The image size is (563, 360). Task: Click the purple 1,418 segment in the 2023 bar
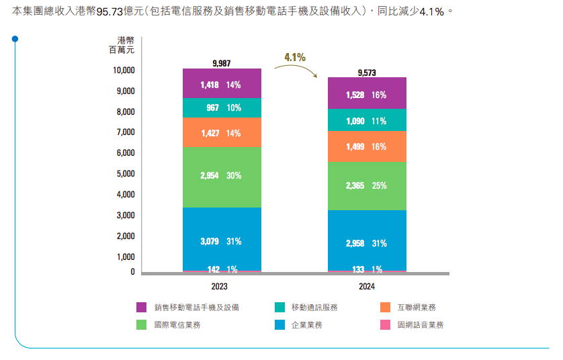pyautogui.click(x=222, y=84)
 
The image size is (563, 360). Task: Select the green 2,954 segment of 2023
pyautogui.click(x=222, y=177)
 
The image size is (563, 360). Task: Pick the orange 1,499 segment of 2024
pyautogui.click(x=367, y=146)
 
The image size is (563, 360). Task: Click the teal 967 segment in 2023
pyautogui.click(x=222, y=107)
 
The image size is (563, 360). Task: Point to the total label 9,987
pyautogui.click(x=221, y=63)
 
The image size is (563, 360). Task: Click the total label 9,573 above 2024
pyautogui.click(x=367, y=72)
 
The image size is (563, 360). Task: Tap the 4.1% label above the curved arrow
pyautogui.click(x=295, y=57)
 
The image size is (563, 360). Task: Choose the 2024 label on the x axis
pyautogui.click(x=367, y=286)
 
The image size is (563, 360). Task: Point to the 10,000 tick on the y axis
pyautogui.click(x=124, y=70)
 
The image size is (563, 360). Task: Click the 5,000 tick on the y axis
pyautogui.click(x=126, y=174)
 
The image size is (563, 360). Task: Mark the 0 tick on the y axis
pyautogui.click(x=132, y=272)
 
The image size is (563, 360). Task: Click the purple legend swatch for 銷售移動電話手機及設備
pyautogui.click(x=141, y=308)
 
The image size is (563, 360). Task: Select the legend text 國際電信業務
pyautogui.click(x=177, y=325)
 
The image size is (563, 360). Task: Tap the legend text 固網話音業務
pyautogui.click(x=421, y=325)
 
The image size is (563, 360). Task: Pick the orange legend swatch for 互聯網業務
pyautogui.click(x=386, y=308)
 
